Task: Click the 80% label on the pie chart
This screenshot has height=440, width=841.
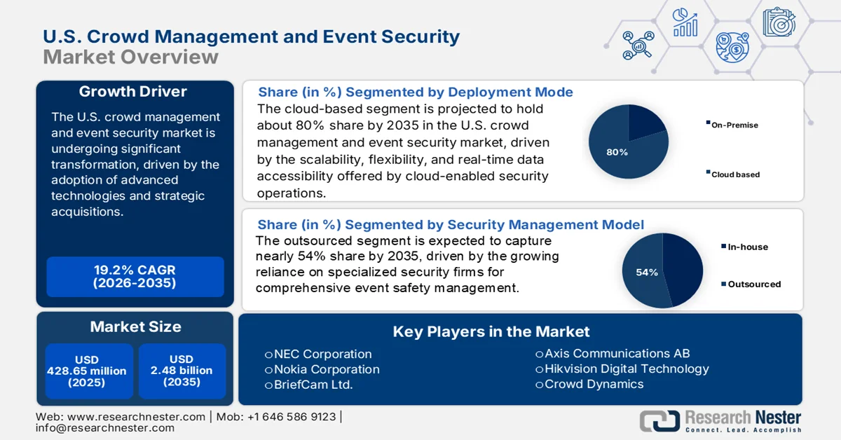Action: pos(617,152)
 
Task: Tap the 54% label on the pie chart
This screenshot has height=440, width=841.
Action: pos(647,272)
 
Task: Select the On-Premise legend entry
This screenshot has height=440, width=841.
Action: pos(734,125)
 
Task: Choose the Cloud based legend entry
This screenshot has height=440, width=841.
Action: pos(734,174)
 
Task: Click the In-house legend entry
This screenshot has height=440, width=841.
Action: pos(746,247)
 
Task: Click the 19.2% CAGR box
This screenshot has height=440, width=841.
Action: pos(135,277)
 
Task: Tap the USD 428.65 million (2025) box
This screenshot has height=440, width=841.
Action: pos(87,371)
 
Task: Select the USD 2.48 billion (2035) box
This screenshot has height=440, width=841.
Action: pos(182,371)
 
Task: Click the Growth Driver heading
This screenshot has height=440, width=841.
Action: pos(133,92)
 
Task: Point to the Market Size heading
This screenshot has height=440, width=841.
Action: pos(135,326)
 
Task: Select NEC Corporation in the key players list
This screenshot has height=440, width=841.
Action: pos(322,354)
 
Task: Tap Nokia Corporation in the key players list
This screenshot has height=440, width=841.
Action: pos(326,369)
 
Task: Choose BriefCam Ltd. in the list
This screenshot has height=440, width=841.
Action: pos(313,385)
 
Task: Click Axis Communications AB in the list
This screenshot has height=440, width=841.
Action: pos(616,353)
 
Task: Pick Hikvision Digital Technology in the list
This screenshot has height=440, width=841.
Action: pos(626,369)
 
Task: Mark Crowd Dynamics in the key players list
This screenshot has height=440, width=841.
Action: pos(593,384)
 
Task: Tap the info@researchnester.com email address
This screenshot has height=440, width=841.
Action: pos(104,427)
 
